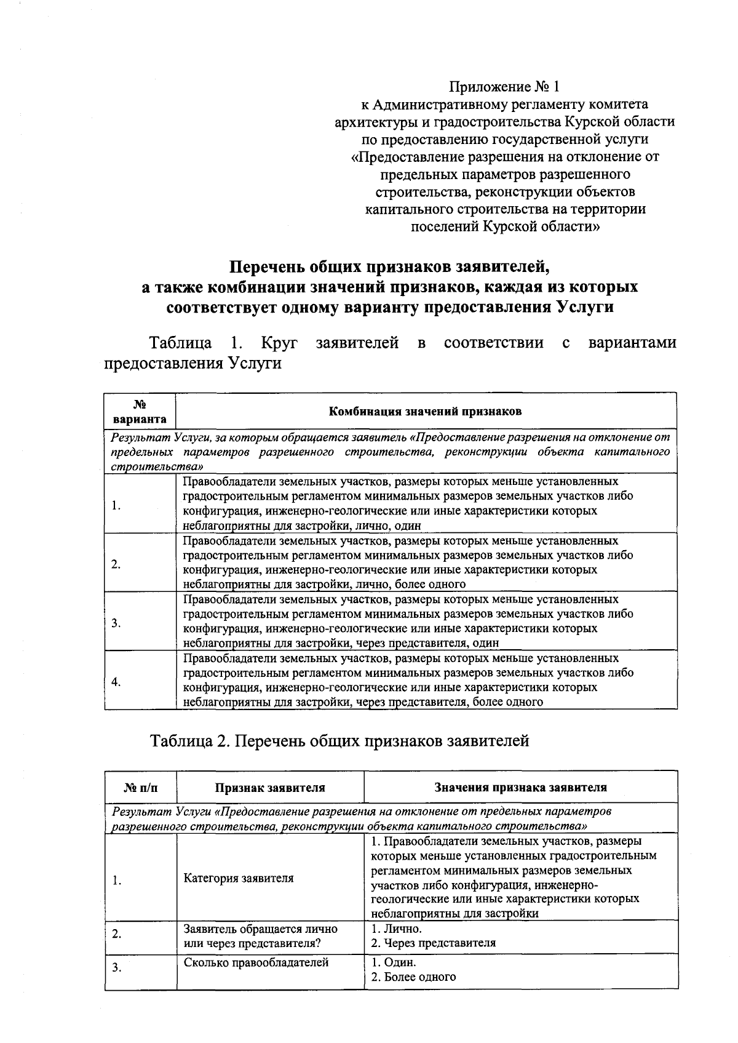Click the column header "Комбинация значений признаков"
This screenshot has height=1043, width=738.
(x=426, y=411)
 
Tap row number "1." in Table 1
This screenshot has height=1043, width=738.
(x=116, y=506)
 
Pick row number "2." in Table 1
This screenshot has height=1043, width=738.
(x=116, y=564)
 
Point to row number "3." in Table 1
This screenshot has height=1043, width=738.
(x=116, y=623)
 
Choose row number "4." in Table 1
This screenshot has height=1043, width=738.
(x=116, y=682)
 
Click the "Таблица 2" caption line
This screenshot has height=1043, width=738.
(x=339, y=741)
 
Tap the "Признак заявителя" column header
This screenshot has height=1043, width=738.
(x=270, y=787)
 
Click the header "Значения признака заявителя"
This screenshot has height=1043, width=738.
(x=520, y=787)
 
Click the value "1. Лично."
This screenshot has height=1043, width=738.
(x=397, y=929)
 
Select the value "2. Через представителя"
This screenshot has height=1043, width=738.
(x=434, y=943)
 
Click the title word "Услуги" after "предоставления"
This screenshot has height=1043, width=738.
(x=585, y=306)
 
